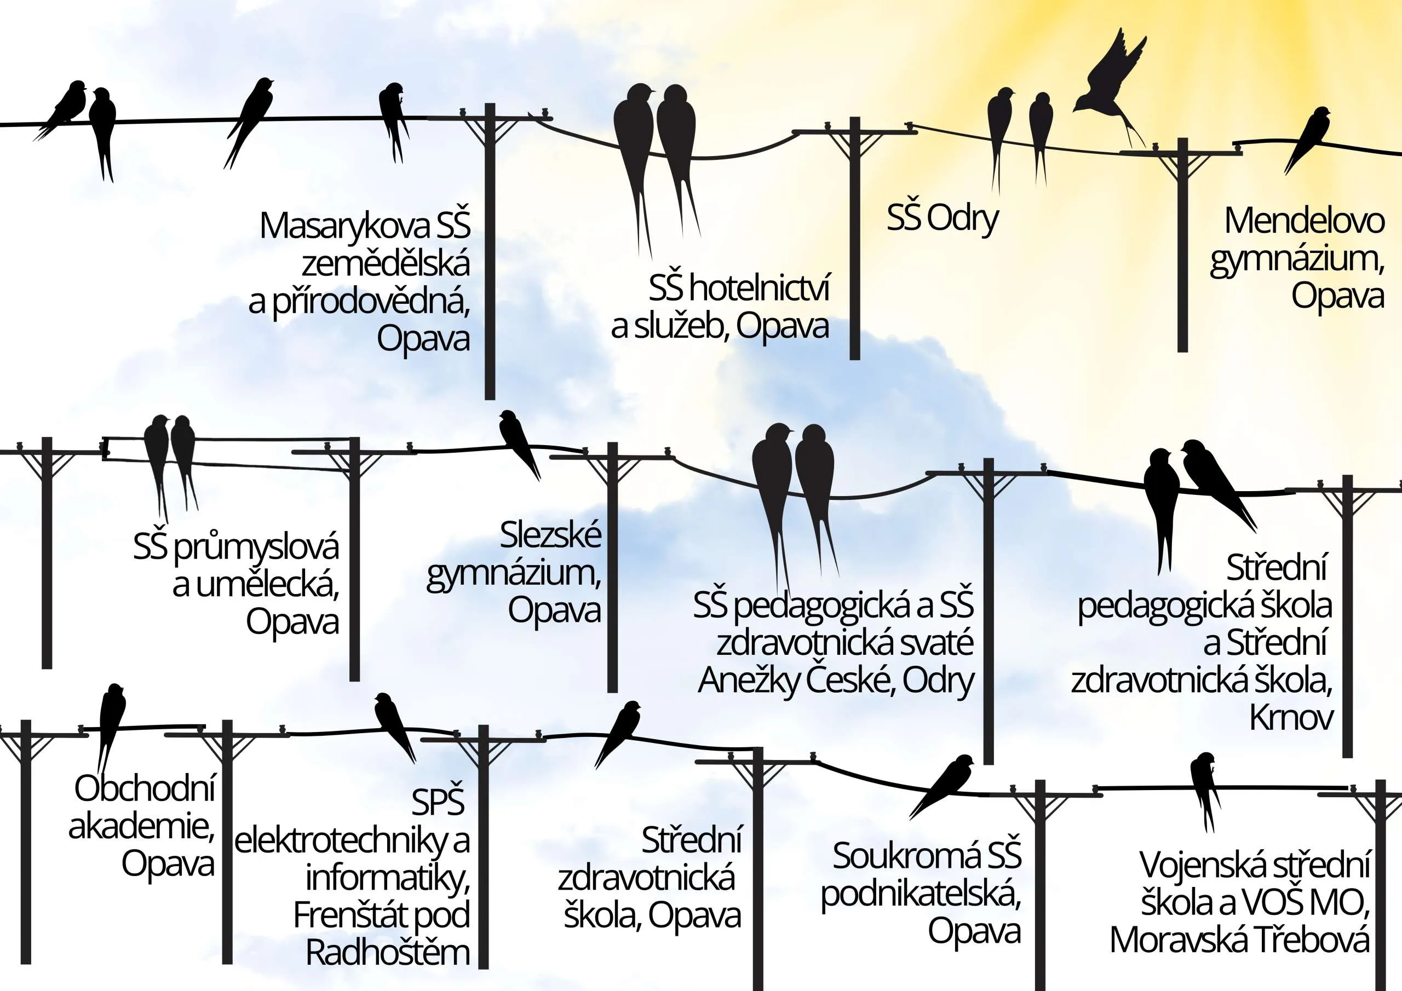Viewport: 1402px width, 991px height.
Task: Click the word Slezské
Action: click(x=551, y=535)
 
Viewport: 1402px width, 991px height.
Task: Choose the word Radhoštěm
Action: click(x=388, y=952)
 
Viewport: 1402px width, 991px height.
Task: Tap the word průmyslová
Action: click(x=256, y=548)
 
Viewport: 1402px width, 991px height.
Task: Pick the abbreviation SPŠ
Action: click(x=437, y=801)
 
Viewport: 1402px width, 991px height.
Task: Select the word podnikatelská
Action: click(x=921, y=894)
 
